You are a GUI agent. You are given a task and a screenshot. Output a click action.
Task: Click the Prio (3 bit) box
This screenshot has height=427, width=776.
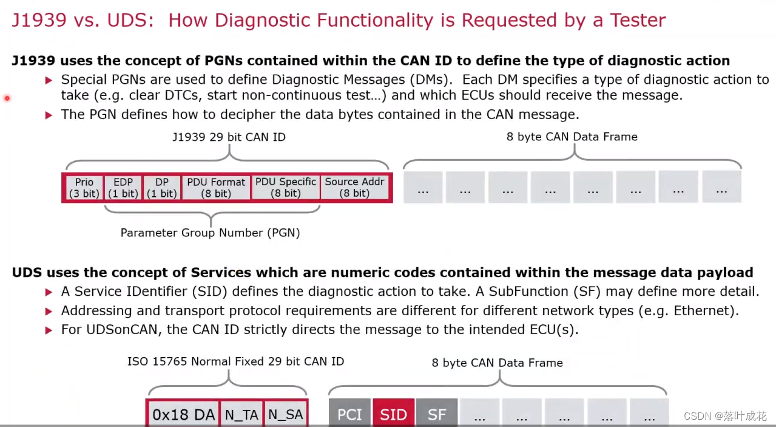(x=84, y=188)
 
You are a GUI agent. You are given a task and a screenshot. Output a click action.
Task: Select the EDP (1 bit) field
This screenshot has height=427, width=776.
(x=123, y=188)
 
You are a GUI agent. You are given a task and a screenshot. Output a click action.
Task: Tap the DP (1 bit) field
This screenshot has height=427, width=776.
(x=161, y=188)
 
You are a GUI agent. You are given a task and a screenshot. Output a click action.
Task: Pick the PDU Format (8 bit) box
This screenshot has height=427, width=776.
(x=216, y=188)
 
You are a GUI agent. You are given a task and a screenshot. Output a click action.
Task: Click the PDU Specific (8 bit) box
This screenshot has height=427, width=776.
(x=285, y=188)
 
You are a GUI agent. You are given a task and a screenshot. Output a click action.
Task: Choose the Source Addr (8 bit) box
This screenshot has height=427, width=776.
(x=354, y=188)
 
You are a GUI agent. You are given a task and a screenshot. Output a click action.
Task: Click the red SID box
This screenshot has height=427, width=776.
(x=393, y=414)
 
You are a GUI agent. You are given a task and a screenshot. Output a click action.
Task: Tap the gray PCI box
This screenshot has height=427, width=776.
(x=349, y=414)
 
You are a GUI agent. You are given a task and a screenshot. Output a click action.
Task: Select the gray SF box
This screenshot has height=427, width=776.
(x=437, y=414)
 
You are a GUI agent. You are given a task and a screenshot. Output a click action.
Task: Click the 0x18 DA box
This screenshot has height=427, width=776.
(x=183, y=414)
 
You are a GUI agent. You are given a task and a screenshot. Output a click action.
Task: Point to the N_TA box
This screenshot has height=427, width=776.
(x=241, y=414)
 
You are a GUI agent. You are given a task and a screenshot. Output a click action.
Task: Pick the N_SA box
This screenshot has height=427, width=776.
(x=285, y=414)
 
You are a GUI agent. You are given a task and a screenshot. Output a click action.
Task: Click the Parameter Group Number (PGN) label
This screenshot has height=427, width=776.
(x=210, y=233)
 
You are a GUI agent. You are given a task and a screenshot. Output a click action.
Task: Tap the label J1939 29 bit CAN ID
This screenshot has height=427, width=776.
(x=229, y=137)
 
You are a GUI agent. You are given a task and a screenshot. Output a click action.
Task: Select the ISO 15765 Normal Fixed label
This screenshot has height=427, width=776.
(x=235, y=361)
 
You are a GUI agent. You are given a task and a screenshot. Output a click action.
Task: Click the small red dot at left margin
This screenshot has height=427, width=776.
(x=7, y=98)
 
